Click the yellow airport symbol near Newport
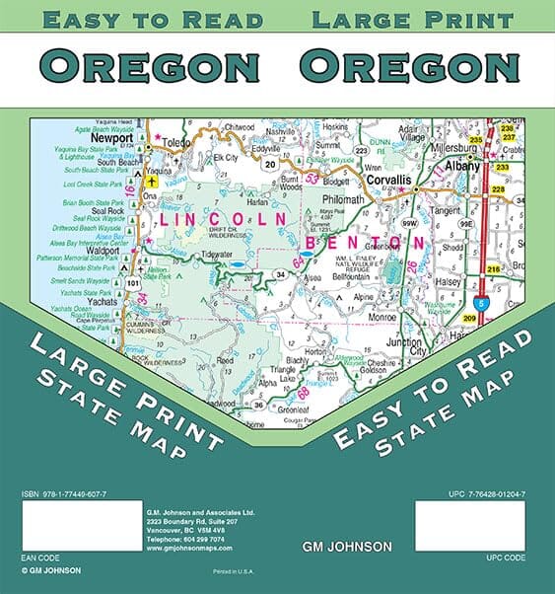(x=151, y=182)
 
